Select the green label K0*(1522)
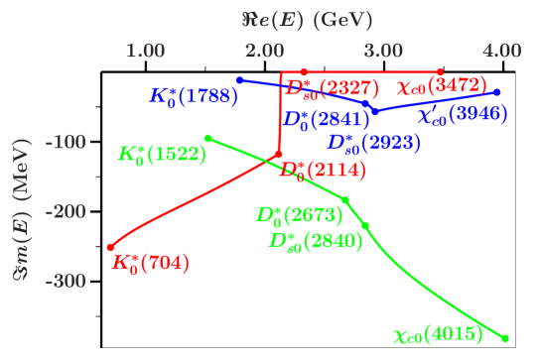tap(162, 155)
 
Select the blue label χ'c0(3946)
tap(463, 115)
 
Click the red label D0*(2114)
tap(320, 172)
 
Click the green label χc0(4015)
tap(438, 336)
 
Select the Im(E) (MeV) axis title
tap(22, 212)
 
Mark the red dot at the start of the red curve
tap(110, 247)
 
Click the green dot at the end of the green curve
tap(506, 338)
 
